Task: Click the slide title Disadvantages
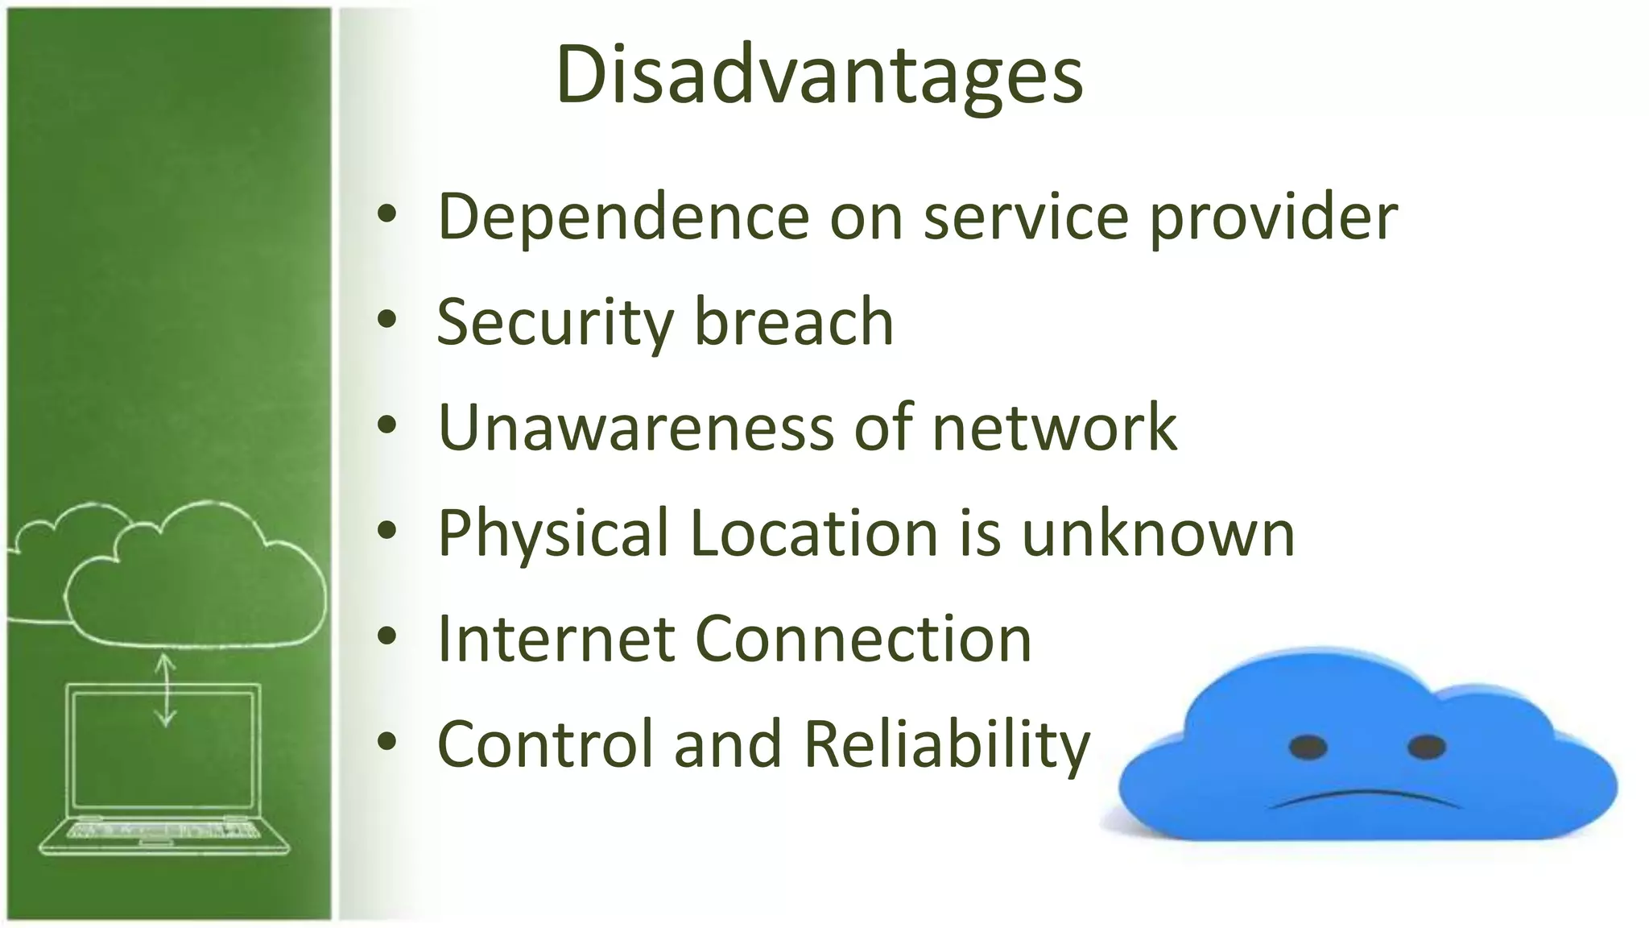coord(819,74)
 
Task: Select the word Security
coord(555,322)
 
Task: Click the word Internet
coord(556,639)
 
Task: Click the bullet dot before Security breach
coord(387,320)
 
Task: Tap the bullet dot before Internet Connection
coord(387,636)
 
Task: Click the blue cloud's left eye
coord(1308,747)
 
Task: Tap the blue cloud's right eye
coord(1426,747)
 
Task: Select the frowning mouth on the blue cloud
coord(1365,798)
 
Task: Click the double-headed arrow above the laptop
coord(166,690)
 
